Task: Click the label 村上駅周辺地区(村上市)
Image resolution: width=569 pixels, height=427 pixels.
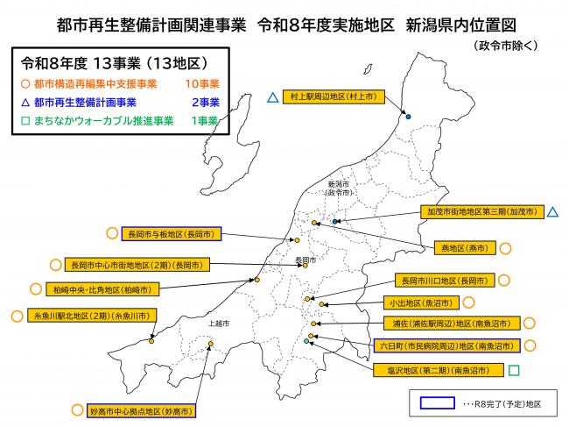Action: click(x=334, y=97)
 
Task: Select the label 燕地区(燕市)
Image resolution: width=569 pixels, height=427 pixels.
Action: click(x=465, y=245)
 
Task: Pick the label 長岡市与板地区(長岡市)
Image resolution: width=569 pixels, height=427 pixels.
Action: click(x=172, y=234)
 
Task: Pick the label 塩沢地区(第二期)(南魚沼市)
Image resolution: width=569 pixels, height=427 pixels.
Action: click(x=434, y=371)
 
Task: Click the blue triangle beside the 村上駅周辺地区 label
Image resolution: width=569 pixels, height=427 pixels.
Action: click(x=273, y=97)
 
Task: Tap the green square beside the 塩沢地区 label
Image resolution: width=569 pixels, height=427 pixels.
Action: click(x=514, y=371)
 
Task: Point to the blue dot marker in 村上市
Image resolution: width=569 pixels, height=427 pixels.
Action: click(x=409, y=116)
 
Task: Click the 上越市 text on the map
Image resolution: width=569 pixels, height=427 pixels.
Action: click(x=219, y=324)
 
